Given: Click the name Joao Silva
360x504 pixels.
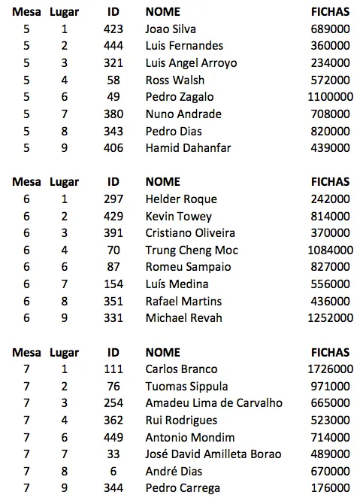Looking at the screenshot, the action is click(171, 29).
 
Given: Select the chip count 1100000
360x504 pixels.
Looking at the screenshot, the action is click(330, 97).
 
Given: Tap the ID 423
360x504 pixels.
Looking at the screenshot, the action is click(113, 29).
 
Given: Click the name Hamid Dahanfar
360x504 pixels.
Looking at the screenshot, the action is click(188, 148).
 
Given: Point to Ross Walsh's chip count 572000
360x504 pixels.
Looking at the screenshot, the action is click(330, 80).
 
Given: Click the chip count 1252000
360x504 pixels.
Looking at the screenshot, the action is click(330, 318).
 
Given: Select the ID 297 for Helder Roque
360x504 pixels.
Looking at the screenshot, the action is click(113, 199).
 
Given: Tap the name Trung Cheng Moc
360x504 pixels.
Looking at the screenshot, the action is click(191, 250).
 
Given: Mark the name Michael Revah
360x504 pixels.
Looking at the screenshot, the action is click(183, 318).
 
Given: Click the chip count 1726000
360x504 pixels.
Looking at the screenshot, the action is click(330, 369).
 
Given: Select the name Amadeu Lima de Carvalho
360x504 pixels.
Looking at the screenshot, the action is click(213, 403).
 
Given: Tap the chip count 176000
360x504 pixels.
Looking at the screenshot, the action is click(330, 488).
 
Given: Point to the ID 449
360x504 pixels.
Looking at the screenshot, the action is click(113, 438).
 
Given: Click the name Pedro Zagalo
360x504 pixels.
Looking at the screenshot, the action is click(179, 97).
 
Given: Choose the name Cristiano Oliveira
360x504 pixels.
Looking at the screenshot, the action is click(190, 233).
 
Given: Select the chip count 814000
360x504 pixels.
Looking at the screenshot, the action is click(330, 217).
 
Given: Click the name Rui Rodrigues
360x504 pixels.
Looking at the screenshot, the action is click(181, 421).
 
